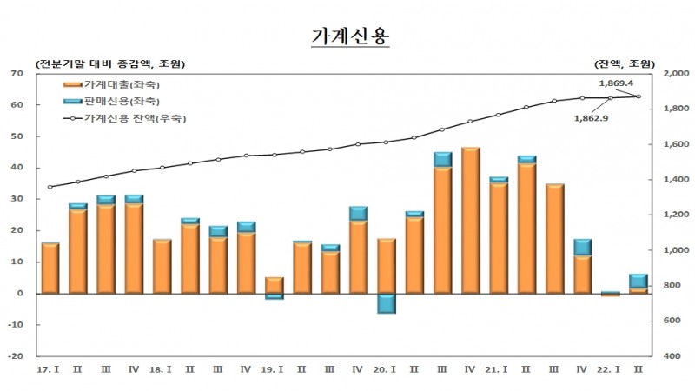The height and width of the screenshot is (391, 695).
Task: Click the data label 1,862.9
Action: pyautogui.click(x=591, y=117)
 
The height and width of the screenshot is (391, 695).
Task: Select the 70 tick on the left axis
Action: pyautogui.click(x=17, y=74)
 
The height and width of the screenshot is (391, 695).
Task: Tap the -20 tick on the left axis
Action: pyautogui.click(x=16, y=356)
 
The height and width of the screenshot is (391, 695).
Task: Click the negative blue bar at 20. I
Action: pyautogui.click(x=387, y=303)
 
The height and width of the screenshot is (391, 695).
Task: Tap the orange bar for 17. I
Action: pyautogui.click(x=50, y=268)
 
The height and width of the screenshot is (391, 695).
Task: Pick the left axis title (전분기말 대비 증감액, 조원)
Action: pyautogui.click(x=110, y=63)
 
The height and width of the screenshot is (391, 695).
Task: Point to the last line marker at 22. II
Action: pyautogui.click(x=639, y=96)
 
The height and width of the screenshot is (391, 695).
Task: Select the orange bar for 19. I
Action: pyautogui.click(x=275, y=285)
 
